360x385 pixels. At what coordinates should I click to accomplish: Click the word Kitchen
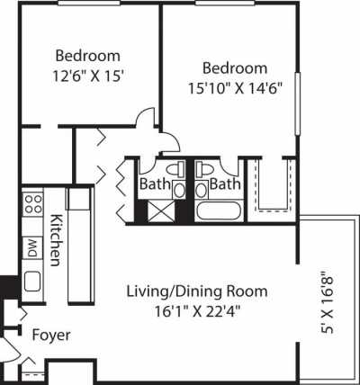tap(55, 240)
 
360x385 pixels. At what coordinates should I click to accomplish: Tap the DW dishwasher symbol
tap(31, 246)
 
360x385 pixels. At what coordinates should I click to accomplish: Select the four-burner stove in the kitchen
tap(31, 208)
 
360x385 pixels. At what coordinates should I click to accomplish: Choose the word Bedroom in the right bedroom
tap(234, 68)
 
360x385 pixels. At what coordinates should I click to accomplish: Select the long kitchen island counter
tap(79, 246)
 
